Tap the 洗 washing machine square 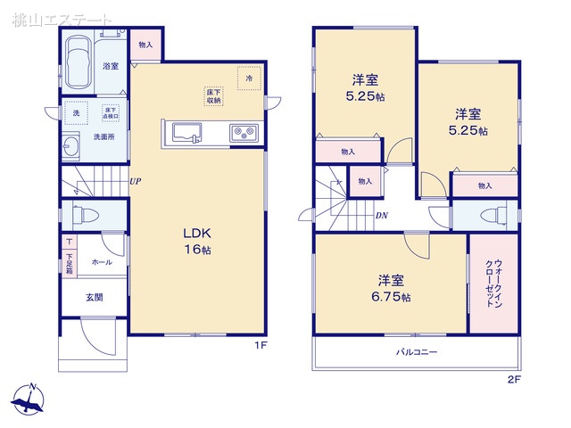coord(75,113)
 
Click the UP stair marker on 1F coord(136,182)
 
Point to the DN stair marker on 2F coord(381,216)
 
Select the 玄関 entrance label coord(94,297)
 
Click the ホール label coord(102,262)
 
